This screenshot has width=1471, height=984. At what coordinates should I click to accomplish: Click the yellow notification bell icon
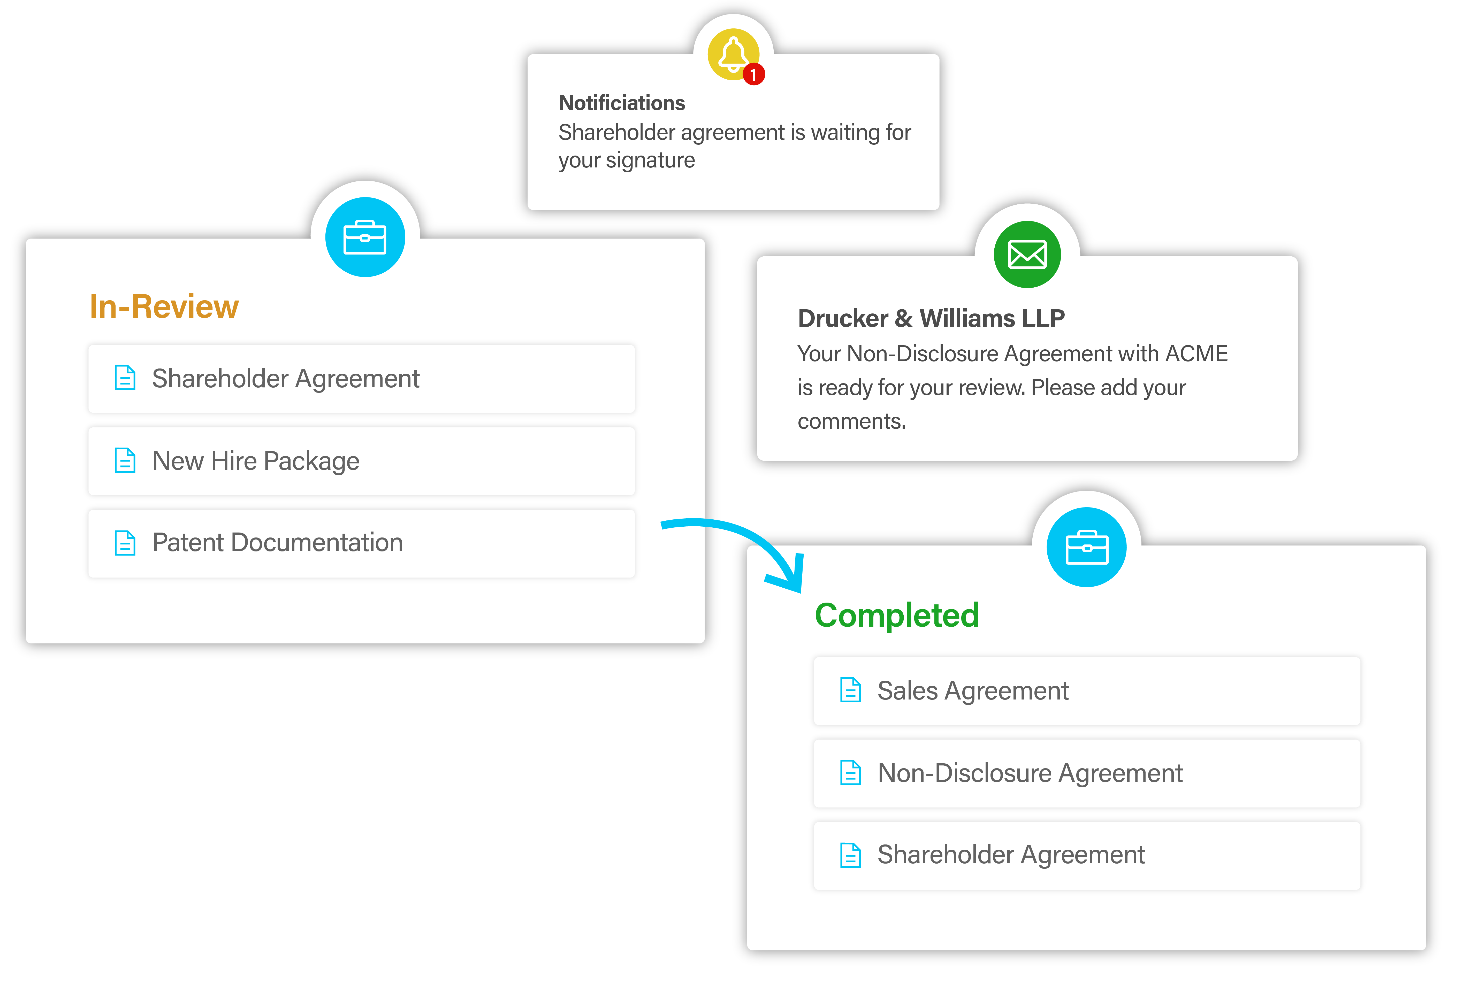coord(732,54)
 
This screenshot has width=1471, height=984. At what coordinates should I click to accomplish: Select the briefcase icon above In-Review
coord(365,237)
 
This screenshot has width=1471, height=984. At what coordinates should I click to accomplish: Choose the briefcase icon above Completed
coord(1086,547)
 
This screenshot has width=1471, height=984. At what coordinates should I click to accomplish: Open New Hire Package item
coord(361,461)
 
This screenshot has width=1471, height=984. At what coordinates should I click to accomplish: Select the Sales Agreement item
coord(1086,691)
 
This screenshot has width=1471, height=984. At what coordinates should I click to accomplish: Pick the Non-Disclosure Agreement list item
coord(1086,773)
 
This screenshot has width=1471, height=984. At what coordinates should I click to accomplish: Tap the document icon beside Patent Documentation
coord(125,543)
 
